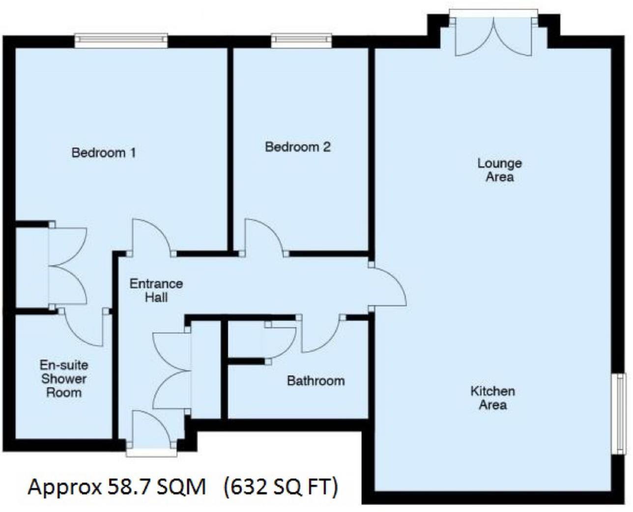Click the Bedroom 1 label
click(x=104, y=152)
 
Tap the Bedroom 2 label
click(x=297, y=146)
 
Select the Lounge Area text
click(x=499, y=170)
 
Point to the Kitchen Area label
click(x=492, y=398)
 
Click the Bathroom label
click(x=316, y=380)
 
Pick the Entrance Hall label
click(x=156, y=290)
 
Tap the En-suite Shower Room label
click(x=64, y=378)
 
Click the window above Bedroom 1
click(x=121, y=40)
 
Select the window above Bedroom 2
click(x=301, y=40)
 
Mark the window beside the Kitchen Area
click(x=620, y=413)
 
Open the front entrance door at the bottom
click(x=151, y=432)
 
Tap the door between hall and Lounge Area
click(x=387, y=286)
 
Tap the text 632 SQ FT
click(x=281, y=487)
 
